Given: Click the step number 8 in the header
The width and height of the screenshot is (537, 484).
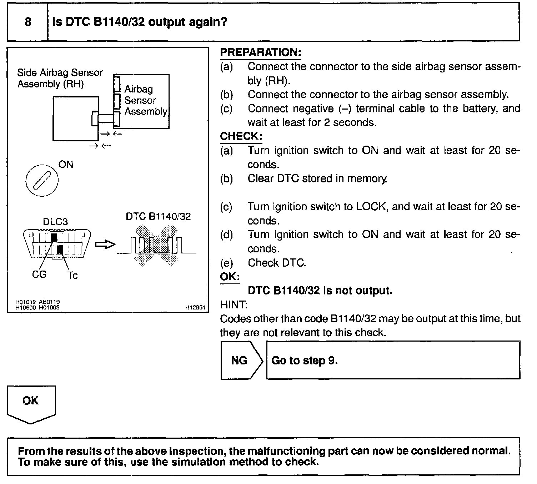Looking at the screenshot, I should (x=28, y=22).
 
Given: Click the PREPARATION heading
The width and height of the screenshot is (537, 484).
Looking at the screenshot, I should (x=260, y=52).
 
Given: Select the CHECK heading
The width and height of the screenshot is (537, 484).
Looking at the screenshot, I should (x=241, y=136).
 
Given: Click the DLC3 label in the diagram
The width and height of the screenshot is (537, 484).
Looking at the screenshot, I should (x=55, y=222).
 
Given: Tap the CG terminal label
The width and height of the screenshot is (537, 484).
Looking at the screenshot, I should (x=39, y=274).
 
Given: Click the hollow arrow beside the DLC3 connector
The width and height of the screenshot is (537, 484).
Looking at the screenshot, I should (x=105, y=245).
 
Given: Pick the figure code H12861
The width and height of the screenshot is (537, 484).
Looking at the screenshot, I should (x=195, y=307).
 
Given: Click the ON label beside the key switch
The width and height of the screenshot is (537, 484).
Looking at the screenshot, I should (x=66, y=165).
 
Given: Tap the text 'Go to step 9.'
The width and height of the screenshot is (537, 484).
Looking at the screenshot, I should (x=305, y=361).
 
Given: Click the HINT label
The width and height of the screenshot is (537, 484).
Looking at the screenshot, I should (x=234, y=305).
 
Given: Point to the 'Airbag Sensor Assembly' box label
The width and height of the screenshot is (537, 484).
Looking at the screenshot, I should (x=145, y=100).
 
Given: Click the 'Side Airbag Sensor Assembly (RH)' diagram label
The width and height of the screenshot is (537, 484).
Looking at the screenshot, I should (x=60, y=78).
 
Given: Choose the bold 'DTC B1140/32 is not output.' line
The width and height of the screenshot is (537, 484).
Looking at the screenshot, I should (x=320, y=291).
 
